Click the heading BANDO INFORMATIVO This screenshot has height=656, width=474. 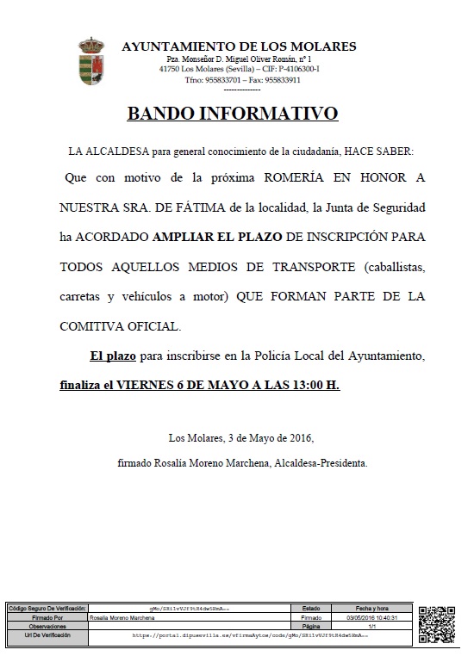233,114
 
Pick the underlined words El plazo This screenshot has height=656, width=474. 114,356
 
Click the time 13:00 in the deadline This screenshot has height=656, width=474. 300,385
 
